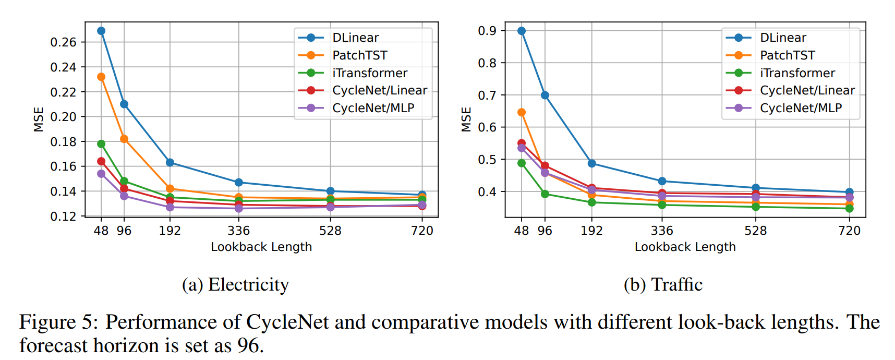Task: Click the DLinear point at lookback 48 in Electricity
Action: pos(101,31)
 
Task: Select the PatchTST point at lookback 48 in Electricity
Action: pos(101,77)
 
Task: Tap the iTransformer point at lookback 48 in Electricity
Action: pos(101,143)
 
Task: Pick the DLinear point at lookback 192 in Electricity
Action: pos(170,163)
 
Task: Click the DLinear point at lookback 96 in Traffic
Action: pos(545,95)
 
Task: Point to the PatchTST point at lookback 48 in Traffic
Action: pos(522,112)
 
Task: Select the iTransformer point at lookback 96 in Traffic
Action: pos(545,194)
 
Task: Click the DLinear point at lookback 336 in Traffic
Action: pos(662,181)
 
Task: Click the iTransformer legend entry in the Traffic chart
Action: pos(797,73)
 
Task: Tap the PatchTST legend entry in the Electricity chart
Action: pos(360,55)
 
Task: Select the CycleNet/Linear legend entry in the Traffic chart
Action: pos(807,90)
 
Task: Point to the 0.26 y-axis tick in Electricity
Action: pos(63,42)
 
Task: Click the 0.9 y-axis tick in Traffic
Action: pos(487,31)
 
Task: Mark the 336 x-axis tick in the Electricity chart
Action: pos(239,231)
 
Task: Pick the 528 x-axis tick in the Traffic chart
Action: pos(756,231)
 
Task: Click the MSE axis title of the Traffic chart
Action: pos(466,119)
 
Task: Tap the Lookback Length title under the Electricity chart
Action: pos(261,247)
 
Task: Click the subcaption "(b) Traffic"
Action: pos(663,285)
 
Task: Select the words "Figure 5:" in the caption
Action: pos(58,322)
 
